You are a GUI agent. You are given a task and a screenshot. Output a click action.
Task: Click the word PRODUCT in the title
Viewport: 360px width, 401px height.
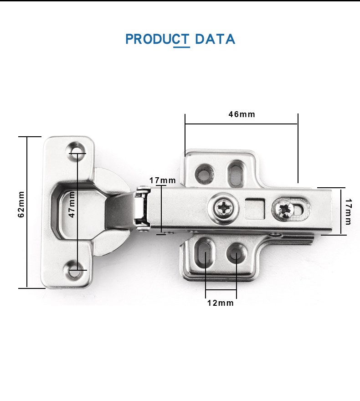click(x=157, y=39)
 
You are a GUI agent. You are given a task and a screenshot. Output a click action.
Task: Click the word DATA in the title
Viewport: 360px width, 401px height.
click(x=215, y=39)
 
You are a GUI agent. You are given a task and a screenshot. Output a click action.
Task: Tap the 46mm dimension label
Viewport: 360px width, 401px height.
click(x=242, y=114)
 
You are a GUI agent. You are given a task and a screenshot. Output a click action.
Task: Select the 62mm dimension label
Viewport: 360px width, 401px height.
click(x=21, y=204)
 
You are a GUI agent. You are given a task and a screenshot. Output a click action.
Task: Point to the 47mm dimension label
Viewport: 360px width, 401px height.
click(x=72, y=204)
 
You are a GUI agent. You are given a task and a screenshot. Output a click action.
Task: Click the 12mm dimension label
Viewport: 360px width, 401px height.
click(x=221, y=303)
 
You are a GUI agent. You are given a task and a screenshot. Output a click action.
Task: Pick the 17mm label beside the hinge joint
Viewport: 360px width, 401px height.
click(x=163, y=180)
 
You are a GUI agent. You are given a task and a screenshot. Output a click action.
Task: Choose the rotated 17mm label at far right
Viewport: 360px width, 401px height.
click(x=348, y=212)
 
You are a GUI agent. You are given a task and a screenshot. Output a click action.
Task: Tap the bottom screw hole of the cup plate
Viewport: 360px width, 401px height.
click(x=74, y=272)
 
